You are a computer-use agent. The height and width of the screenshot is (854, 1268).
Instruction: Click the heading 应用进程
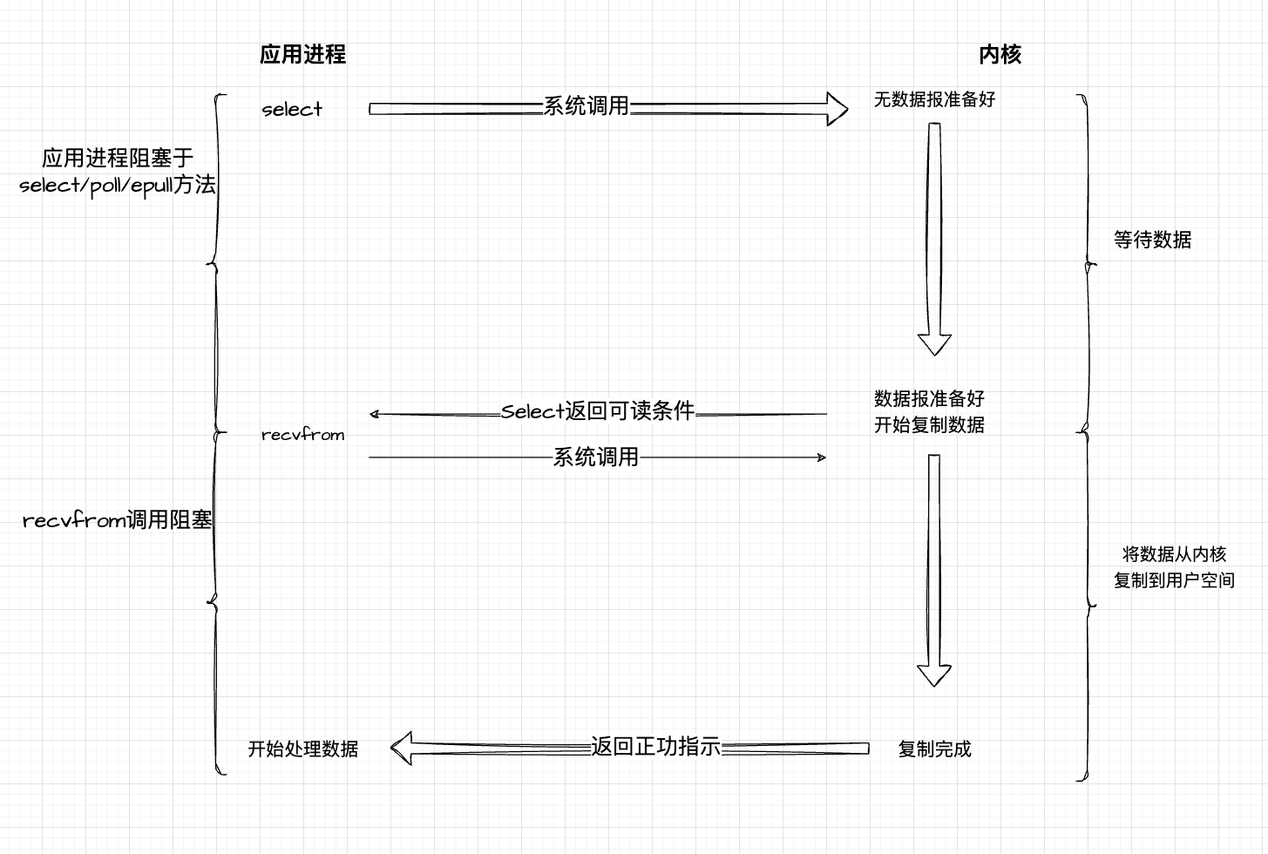(303, 54)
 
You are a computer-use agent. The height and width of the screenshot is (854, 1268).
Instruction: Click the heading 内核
(1000, 54)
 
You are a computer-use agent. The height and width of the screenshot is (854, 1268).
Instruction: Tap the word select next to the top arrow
(292, 109)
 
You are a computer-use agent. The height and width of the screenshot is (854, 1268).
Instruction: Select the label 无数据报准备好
(934, 99)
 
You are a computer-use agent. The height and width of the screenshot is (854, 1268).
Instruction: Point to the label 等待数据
(1152, 240)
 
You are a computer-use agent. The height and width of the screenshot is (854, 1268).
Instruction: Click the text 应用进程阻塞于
(118, 158)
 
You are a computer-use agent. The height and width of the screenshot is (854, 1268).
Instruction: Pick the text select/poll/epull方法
(117, 186)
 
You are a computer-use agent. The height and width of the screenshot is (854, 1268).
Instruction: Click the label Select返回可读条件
(598, 411)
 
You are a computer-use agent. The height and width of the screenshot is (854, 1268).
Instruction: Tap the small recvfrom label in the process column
(303, 435)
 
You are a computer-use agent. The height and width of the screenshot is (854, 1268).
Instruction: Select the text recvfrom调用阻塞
(117, 519)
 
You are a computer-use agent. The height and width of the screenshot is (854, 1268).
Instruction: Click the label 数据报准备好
(930, 398)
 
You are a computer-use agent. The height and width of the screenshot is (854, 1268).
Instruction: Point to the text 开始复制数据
(930, 424)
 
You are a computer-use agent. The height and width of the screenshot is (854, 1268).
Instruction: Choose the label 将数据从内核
(1174, 554)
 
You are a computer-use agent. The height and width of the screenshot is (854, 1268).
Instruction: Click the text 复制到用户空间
(1174, 580)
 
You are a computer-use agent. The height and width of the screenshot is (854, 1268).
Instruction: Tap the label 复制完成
(934, 749)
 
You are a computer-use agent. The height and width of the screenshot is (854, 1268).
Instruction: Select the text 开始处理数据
(303, 749)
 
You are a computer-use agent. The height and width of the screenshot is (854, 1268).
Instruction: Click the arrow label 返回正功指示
(655, 747)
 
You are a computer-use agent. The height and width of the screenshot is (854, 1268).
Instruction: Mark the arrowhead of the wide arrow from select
(837, 109)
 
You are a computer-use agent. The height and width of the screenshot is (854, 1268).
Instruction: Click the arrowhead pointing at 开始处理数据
(401, 749)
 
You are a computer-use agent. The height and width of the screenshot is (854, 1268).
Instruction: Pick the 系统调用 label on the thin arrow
(595, 457)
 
